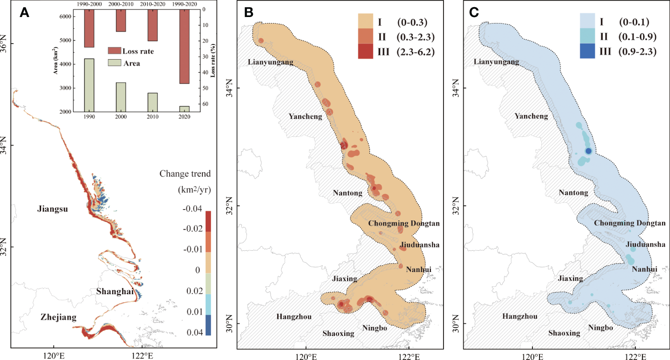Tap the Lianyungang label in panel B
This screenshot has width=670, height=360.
point(270,62)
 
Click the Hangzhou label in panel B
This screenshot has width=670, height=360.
point(294,316)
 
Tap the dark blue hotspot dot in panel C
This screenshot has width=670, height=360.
point(588,151)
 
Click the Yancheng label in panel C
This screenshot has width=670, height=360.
point(531,116)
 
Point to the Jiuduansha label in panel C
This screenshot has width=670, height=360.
point(645,245)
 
